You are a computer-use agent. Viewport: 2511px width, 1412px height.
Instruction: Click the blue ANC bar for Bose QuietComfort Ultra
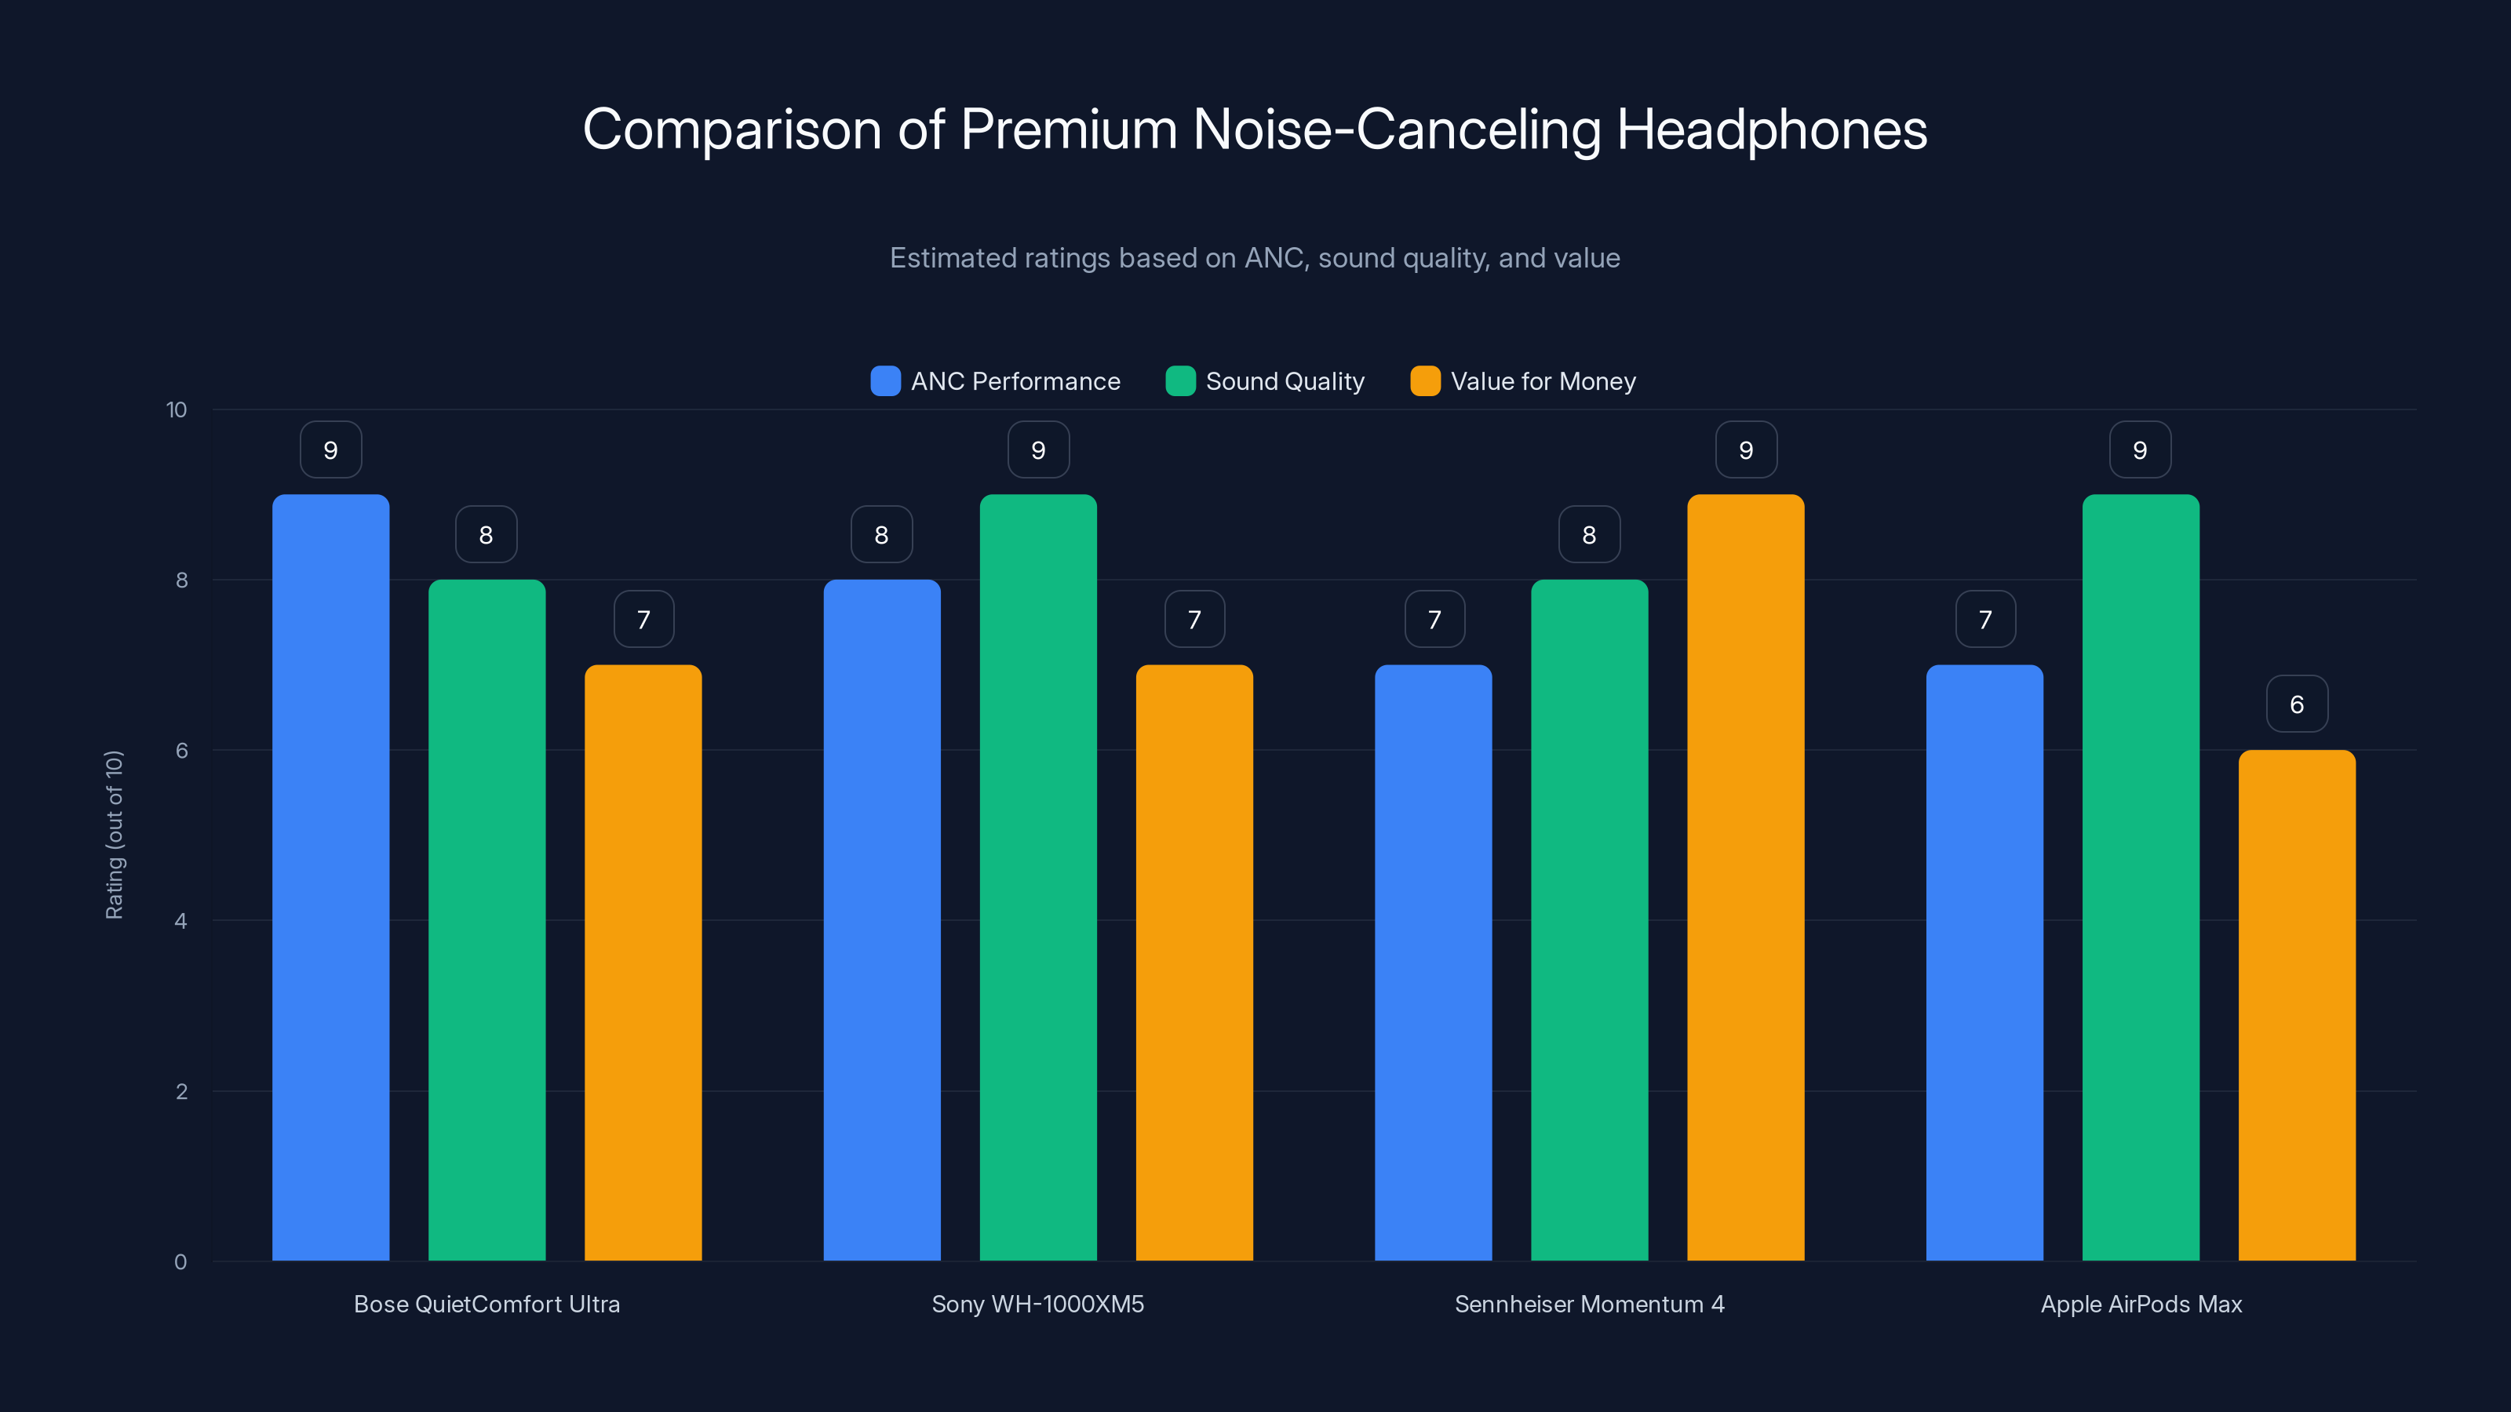pos(330,877)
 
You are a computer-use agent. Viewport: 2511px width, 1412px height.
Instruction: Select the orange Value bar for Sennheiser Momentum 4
pos(1745,877)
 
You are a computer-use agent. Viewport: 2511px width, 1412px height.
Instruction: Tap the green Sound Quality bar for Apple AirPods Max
pos(2141,877)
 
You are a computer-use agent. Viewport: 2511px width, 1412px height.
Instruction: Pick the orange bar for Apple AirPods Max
pos(2297,1004)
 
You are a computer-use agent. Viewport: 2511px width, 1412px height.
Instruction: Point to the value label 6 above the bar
pos(2297,704)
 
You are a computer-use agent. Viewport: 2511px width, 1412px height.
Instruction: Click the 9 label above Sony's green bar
pos(1038,449)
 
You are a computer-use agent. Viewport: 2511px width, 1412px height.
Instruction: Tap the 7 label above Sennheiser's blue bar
pos(1434,619)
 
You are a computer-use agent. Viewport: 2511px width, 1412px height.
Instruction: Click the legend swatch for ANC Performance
pos(885,381)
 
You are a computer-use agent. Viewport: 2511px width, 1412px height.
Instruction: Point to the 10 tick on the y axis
pos(177,409)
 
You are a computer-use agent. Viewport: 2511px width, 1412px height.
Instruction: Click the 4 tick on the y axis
pos(180,921)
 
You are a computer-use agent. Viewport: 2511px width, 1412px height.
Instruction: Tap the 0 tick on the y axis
pos(180,1262)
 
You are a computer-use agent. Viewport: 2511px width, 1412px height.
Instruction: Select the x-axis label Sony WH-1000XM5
pos(1037,1304)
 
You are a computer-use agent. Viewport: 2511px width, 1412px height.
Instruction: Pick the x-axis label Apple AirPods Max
pos(2141,1304)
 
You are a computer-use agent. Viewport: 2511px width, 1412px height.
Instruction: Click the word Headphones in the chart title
pos(1771,129)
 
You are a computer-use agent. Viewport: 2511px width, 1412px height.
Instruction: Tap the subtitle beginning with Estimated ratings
pos(1255,257)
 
